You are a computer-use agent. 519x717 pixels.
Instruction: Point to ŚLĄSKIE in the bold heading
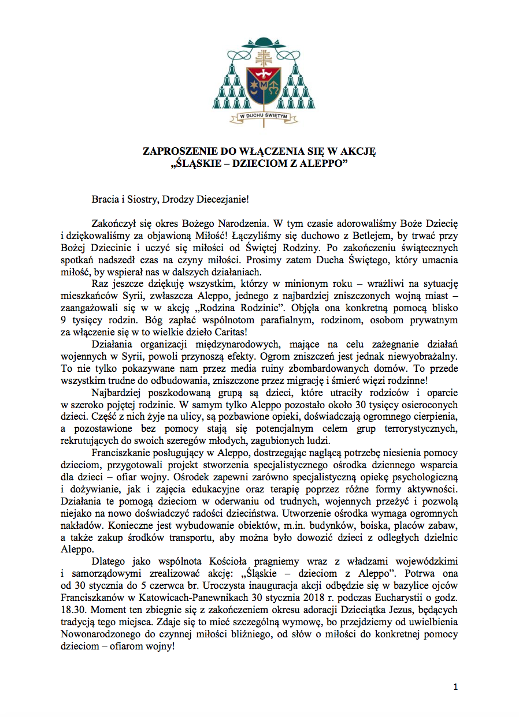[196, 163]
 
